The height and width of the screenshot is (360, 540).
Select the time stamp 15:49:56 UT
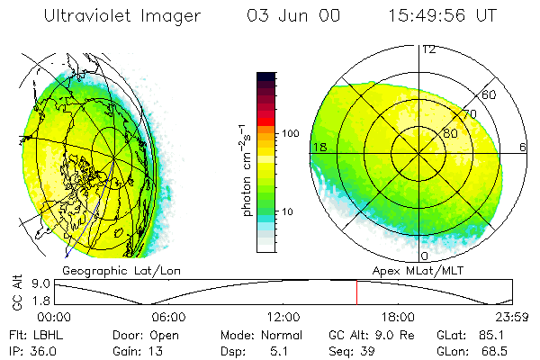pos(444,16)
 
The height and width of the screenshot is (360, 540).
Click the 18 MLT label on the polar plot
pos(318,147)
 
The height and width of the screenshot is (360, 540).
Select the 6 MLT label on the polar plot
pos(523,147)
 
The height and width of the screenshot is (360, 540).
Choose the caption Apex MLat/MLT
pos(423,269)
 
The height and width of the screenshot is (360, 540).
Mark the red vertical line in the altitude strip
pos(356,292)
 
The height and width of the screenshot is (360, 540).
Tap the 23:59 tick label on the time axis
pos(512,317)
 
